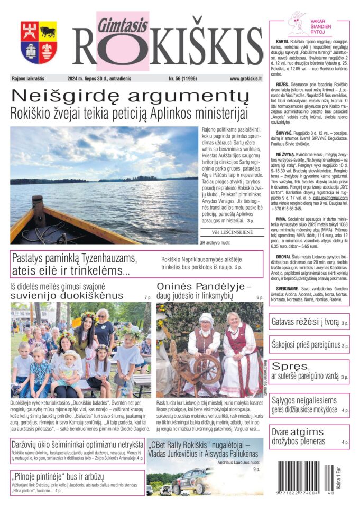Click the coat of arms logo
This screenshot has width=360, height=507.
tap(39, 42)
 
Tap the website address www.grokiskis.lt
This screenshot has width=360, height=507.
tap(246, 79)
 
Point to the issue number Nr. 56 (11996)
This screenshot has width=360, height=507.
tap(186, 79)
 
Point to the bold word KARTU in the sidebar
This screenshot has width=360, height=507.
tap(283, 41)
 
